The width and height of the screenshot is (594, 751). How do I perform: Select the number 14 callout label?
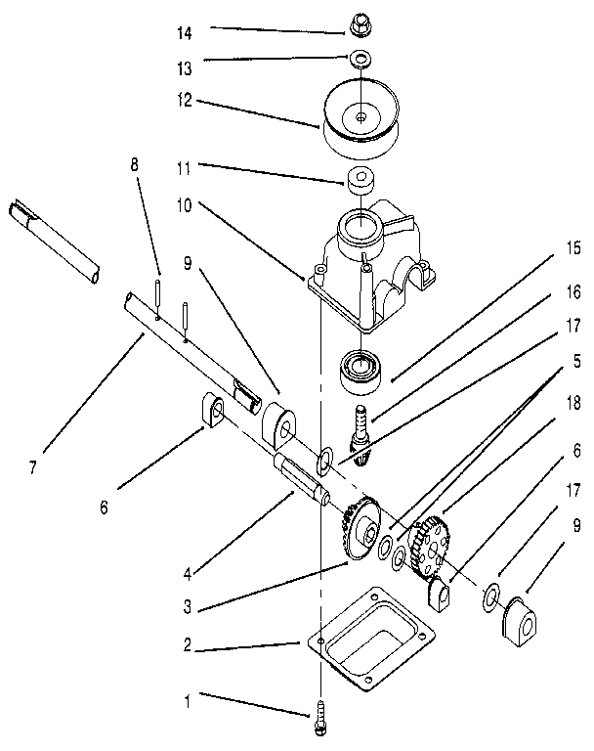click(183, 32)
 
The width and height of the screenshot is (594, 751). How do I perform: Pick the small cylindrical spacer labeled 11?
click(360, 182)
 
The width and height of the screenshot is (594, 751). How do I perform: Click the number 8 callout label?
click(135, 165)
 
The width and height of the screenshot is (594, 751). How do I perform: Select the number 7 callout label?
click(32, 468)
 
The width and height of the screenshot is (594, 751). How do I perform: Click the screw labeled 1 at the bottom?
click(320, 722)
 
